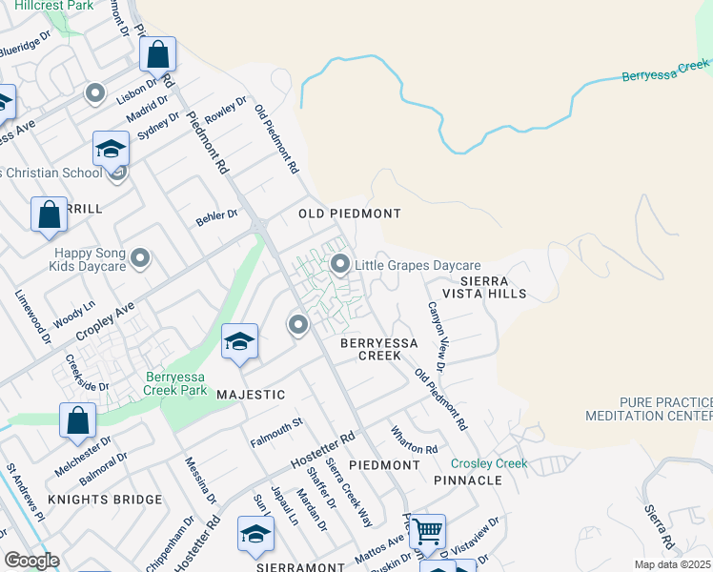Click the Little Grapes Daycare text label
[x=418, y=265]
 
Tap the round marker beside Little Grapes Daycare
[x=340, y=264]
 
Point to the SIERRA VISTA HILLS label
[x=493, y=288]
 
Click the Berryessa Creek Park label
[x=175, y=382]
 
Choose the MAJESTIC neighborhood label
[x=251, y=394]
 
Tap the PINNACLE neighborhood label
[x=467, y=480]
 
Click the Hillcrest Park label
[x=52, y=6]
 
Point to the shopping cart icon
[x=428, y=532]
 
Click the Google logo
[x=31, y=561]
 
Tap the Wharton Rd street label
[x=415, y=439]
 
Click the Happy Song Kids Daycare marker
[x=140, y=258]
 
